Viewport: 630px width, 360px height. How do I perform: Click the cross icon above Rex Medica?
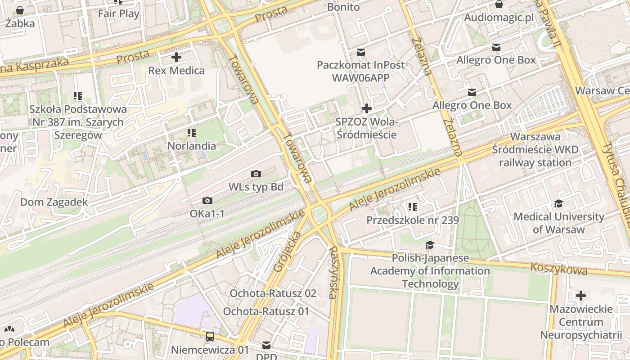pyautogui.click(x=176, y=57)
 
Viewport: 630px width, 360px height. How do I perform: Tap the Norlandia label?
pyautogui.click(x=192, y=146)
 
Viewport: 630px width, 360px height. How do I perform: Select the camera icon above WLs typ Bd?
pyautogui.click(x=256, y=174)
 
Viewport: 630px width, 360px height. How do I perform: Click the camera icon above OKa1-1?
pyautogui.click(x=207, y=200)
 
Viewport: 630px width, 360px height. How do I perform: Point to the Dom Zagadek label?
pyautogui.click(x=54, y=202)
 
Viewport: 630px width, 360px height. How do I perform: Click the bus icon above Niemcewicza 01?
pyautogui.click(x=210, y=336)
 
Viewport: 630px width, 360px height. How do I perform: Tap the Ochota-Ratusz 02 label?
pyautogui.click(x=273, y=293)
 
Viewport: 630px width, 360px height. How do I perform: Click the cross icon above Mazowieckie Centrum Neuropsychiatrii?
pyautogui.click(x=581, y=296)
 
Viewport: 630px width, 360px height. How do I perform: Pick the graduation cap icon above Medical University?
pyautogui.click(x=558, y=203)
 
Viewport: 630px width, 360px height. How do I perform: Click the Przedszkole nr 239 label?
pyautogui.click(x=413, y=220)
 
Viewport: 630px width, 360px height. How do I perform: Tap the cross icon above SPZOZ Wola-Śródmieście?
pyautogui.click(x=367, y=108)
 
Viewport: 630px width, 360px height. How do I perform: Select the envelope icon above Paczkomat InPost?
pyautogui.click(x=360, y=52)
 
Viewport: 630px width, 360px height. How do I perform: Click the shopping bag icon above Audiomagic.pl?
pyautogui.click(x=499, y=4)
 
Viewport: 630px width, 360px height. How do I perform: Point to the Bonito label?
pyautogui.click(x=343, y=7)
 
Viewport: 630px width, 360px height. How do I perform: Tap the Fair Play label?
pyautogui.click(x=119, y=13)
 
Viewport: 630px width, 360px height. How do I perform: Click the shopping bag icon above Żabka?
pyautogui.click(x=20, y=10)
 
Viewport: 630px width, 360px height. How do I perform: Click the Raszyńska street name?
pyautogui.click(x=333, y=273)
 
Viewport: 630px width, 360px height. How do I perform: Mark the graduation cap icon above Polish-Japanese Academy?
pyautogui.click(x=430, y=245)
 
